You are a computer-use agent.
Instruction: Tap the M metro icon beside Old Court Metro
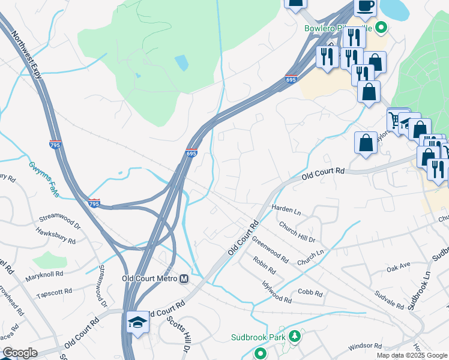(x=184, y=278)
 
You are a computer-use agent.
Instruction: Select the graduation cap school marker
(x=137, y=322)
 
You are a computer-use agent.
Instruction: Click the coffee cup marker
(x=364, y=5)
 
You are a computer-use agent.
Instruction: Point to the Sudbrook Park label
(x=258, y=337)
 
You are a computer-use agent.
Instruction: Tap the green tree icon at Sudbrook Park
(x=294, y=337)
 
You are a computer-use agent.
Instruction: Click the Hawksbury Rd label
(x=55, y=236)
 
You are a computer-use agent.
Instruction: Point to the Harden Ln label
(x=286, y=209)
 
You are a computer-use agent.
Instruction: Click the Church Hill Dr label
(x=297, y=232)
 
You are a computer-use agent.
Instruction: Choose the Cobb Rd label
(x=310, y=294)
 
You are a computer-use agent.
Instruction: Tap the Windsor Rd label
(x=364, y=346)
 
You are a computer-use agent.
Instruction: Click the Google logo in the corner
(x=20, y=353)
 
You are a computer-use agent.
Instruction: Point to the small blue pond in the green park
(x=181, y=62)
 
